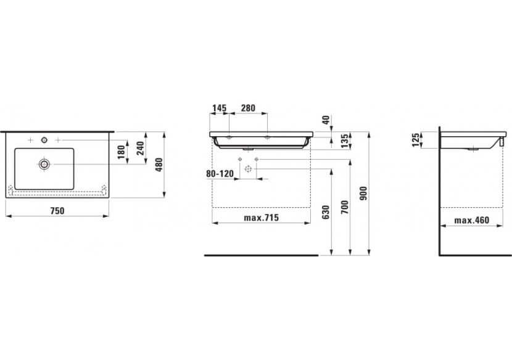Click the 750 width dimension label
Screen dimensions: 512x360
tap(57, 211)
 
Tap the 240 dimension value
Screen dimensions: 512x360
tap(140, 148)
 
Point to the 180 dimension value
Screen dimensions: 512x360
tap(121, 152)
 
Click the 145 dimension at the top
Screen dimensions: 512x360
tap(220, 108)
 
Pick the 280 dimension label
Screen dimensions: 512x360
tap(248, 108)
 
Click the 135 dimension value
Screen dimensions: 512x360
tap(345, 141)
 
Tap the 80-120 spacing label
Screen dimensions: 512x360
tap(220, 173)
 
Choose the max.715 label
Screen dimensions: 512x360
tap(261, 218)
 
